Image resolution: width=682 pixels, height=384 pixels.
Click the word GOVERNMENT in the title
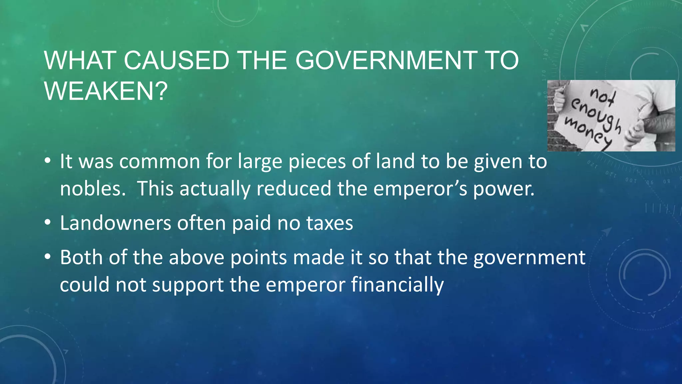[386, 61]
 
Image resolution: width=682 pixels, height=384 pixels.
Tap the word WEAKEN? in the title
[106, 91]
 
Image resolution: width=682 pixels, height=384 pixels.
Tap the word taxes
[329, 223]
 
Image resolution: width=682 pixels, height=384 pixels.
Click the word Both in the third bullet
[81, 257]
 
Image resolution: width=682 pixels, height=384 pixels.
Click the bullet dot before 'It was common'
[48, 161]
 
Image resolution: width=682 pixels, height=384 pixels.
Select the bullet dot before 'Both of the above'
[48, 257]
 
